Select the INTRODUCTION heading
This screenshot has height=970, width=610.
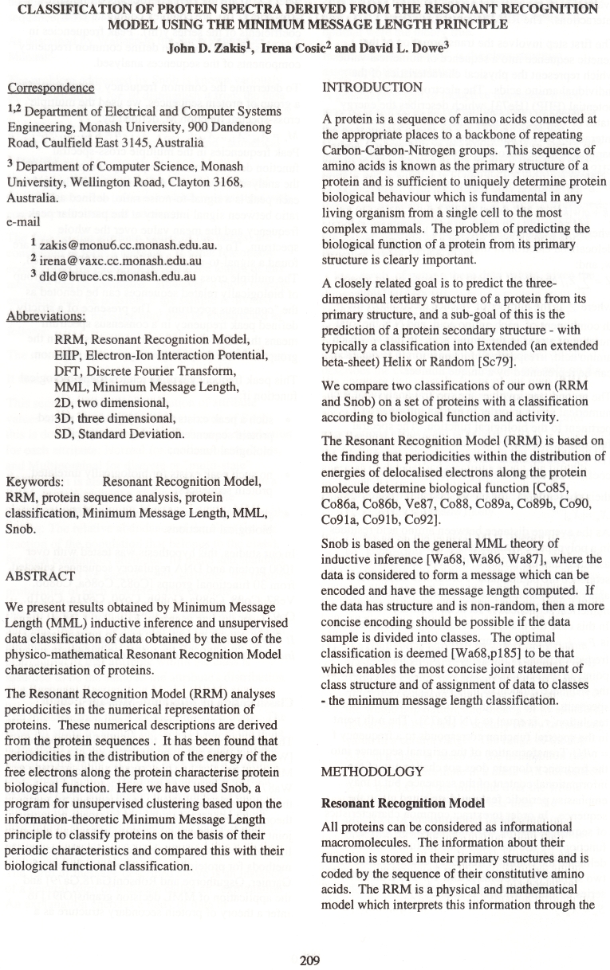coord(372,86)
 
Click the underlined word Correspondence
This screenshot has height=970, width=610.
coord(50,88)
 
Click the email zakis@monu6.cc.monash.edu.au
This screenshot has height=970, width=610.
coord(114,246)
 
